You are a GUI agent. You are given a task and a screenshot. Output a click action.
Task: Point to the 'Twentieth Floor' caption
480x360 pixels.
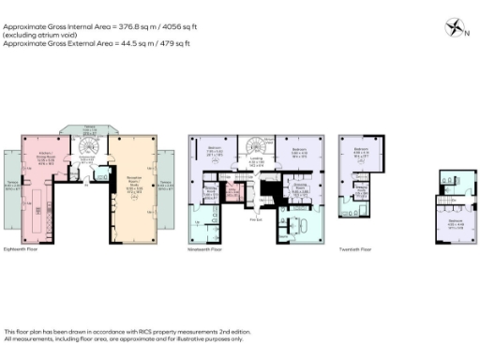[354, 249]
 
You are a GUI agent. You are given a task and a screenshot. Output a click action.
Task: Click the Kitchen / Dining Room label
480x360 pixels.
[45, 158]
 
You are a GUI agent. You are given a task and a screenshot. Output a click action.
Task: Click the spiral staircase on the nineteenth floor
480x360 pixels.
[255, 148]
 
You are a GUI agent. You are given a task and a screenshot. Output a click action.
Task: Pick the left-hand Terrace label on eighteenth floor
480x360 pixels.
[13, 186]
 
